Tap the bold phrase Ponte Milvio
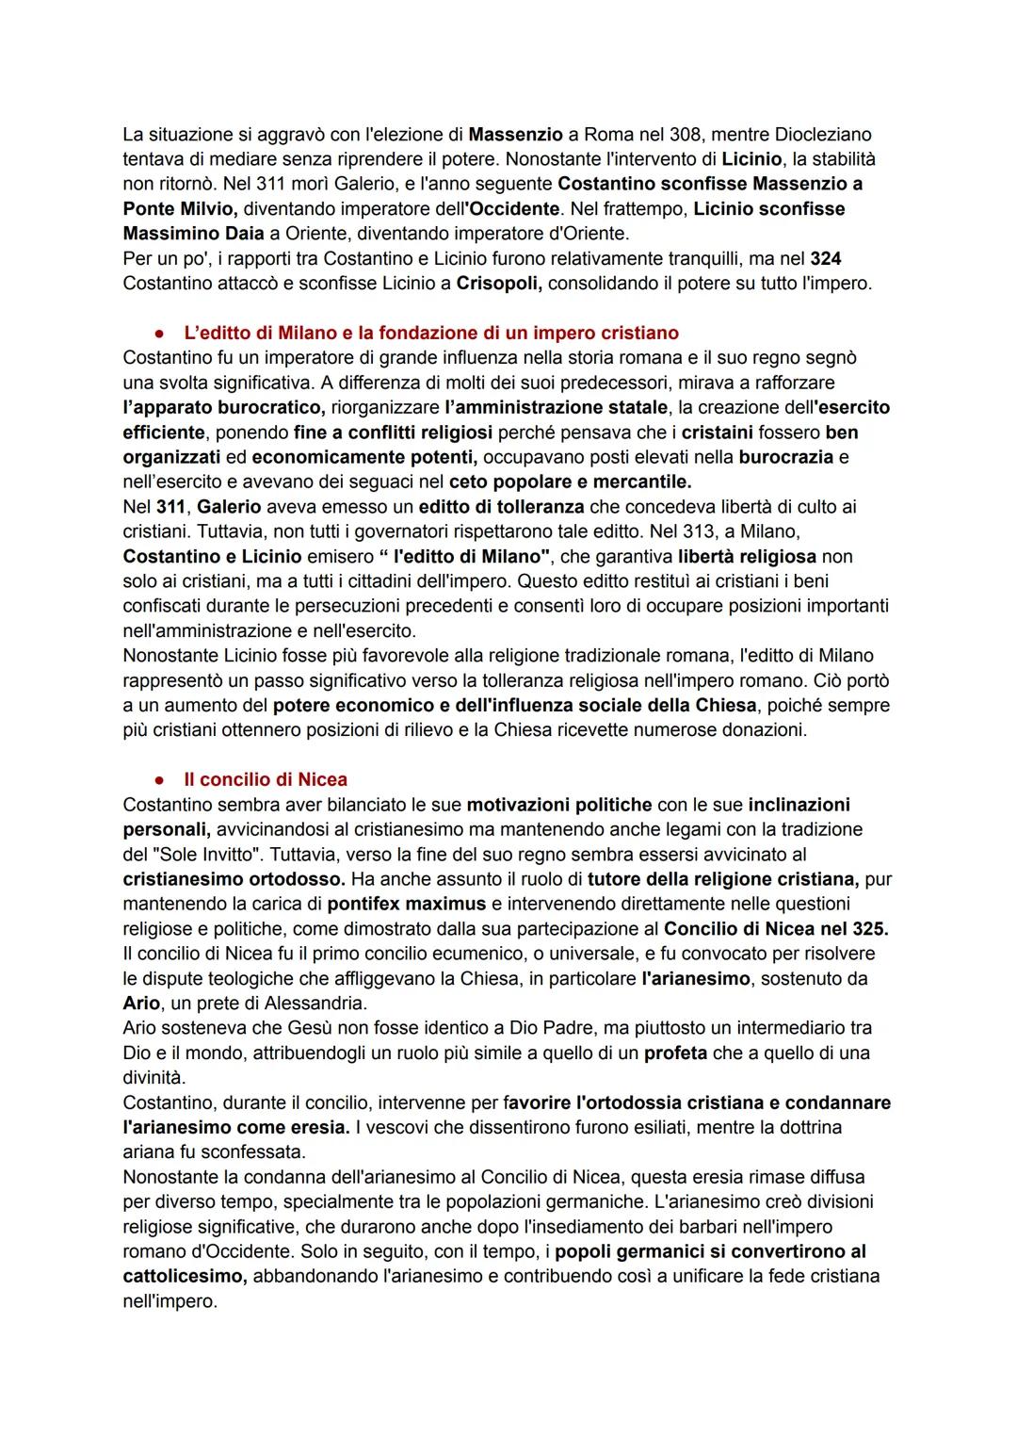point(180,208)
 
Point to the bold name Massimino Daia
point(193,233)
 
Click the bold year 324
point(825,258)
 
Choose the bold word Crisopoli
point(498,283)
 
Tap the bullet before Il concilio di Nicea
point(161,780)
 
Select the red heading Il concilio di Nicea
point(266,779)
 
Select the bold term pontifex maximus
point(407,904)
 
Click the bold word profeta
point(675,1053)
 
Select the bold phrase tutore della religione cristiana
point(722,879)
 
